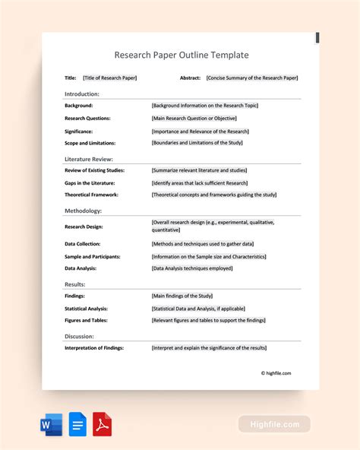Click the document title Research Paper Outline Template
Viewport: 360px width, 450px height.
181,55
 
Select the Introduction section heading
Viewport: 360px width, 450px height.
82,94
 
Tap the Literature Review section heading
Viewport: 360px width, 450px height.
89,159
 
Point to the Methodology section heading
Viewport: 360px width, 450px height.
83,211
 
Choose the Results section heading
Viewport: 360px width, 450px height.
74,284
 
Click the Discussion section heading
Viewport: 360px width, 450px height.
79,335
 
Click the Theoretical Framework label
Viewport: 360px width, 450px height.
91,195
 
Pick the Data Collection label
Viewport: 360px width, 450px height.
85,244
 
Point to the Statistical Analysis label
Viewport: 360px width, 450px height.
86,309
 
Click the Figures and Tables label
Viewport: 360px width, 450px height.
86,321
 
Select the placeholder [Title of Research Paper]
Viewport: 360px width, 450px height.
109,78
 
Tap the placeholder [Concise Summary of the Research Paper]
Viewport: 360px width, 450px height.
251,78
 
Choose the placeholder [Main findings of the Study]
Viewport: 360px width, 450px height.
182,296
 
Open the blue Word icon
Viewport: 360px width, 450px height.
51,424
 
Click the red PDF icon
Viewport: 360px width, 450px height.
103,424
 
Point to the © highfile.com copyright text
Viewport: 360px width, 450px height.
276,373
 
